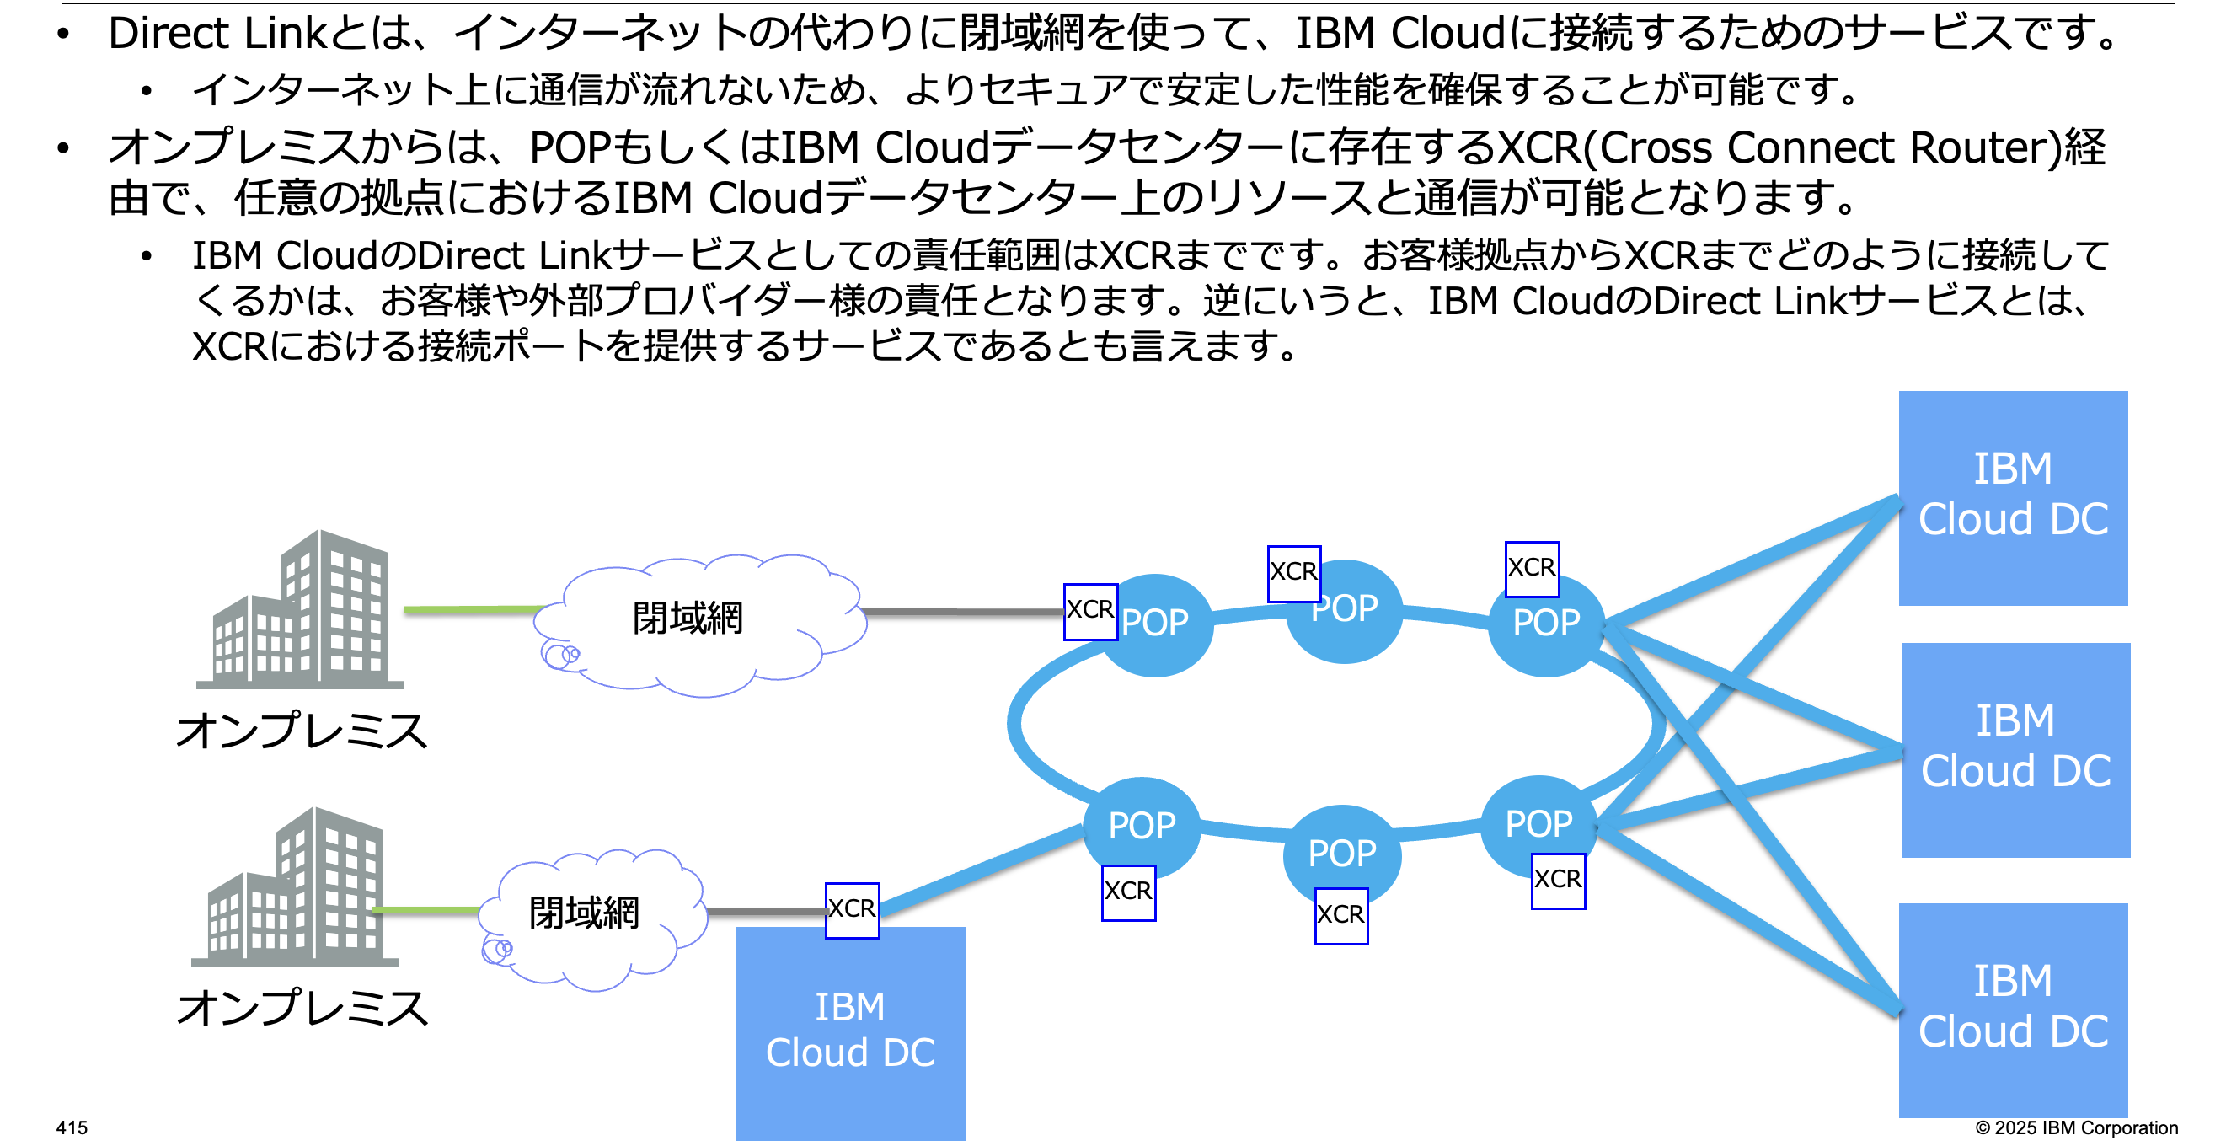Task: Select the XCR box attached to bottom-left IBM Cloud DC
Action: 852,910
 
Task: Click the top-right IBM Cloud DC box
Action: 2013,498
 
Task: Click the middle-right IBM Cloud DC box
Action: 2015,749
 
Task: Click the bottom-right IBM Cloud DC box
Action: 2013,1009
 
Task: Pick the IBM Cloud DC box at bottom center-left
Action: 850,1034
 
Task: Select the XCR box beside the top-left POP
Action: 1089,611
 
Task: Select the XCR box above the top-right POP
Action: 1531,569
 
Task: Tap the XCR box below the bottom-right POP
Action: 1557,881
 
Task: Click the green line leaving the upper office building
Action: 471,610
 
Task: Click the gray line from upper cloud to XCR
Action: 964,612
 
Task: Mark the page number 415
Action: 72,1127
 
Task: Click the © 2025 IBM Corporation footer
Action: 2076,1127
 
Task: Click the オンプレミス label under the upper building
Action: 302,731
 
